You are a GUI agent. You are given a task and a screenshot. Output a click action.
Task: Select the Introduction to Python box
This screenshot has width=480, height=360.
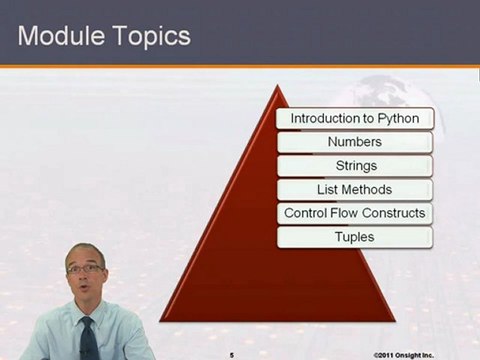click(354, 118)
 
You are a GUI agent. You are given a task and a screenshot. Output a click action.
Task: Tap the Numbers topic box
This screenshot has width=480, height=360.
click(354, 142)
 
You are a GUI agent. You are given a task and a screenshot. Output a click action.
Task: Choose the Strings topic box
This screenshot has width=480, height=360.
click(354, 166)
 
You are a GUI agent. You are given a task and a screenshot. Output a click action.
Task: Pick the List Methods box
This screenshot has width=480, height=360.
click(354, 189)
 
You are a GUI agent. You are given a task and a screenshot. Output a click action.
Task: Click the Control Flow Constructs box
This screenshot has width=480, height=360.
click(354, 213)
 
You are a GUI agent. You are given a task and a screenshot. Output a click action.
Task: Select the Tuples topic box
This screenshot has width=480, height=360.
click(354, 237)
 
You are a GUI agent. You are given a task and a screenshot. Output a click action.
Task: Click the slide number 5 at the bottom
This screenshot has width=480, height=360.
click(231, 353)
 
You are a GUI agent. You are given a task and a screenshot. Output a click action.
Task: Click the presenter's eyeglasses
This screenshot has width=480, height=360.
click(87, 269)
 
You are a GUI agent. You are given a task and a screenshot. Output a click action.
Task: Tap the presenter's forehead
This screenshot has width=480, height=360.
click(85, 254)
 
